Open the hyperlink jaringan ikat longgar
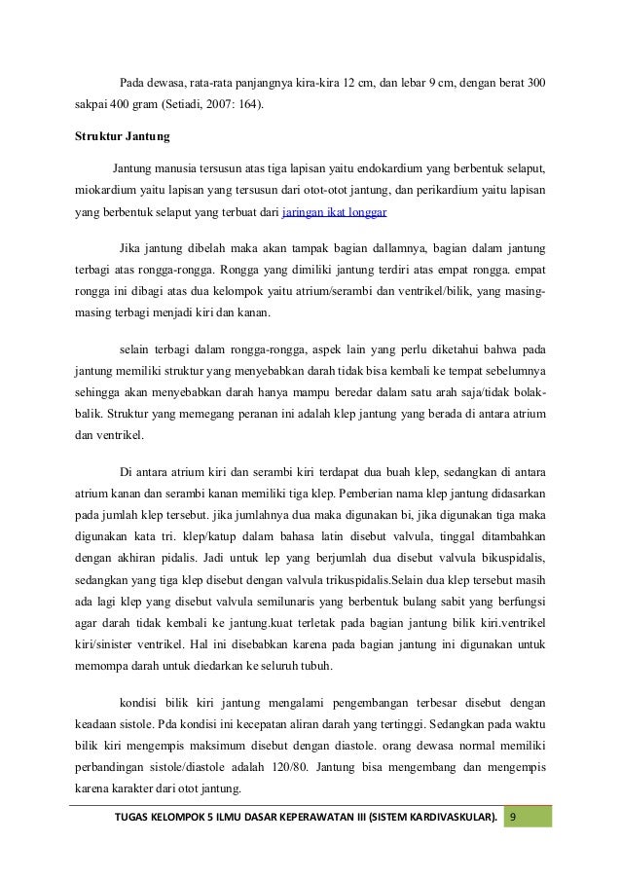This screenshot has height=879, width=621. pyautogui.click(x=336, y=209)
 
